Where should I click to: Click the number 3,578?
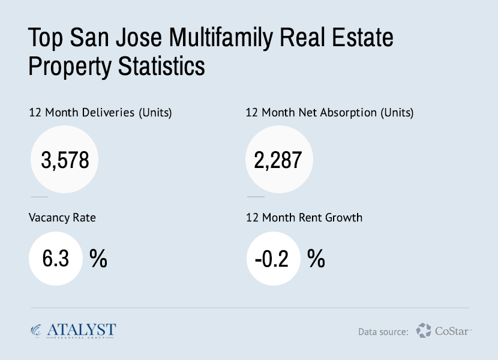(65, 160)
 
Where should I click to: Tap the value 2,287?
(277, 160)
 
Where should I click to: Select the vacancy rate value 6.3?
(56, 259)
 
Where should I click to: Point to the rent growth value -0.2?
(272, 259)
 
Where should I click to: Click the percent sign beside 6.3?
(98, 259)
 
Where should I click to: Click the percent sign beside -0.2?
(316, 259)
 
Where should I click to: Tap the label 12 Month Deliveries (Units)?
(100, 113)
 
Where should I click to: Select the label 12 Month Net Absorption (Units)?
(329, 113)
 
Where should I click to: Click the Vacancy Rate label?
(62, 218)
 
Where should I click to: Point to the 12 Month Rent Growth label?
(304, 218)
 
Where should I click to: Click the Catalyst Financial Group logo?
(73, 330)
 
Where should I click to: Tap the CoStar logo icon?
(424, 330)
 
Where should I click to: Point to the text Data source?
(383, 331)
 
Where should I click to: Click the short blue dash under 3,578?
(39, 196)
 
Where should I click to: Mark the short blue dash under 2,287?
(256, 196)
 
